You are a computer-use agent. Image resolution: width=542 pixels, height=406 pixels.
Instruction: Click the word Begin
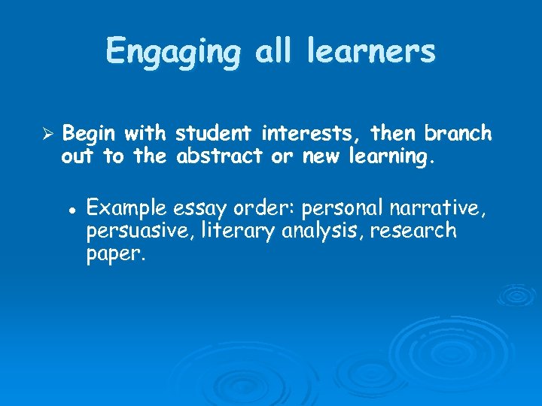(x=90, y=135)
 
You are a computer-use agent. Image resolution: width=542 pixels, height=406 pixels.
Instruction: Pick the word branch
(x=458, y=135)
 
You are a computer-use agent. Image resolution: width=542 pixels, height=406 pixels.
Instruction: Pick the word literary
(x=240, y=231)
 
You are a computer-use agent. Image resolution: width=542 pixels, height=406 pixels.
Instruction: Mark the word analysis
(x=328, y=231)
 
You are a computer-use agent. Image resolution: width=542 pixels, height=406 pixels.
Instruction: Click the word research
(x=419, y=231)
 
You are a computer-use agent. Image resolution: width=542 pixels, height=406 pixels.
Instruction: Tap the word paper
(x=114, y=255)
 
